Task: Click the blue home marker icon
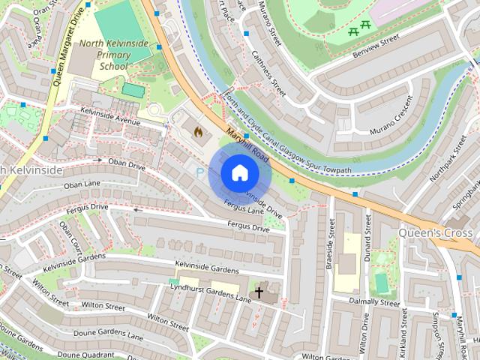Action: click(239, 173)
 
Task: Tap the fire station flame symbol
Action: click(199, 133)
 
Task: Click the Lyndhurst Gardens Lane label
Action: click(210, 293)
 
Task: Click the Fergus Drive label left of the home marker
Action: click(88, 206)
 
